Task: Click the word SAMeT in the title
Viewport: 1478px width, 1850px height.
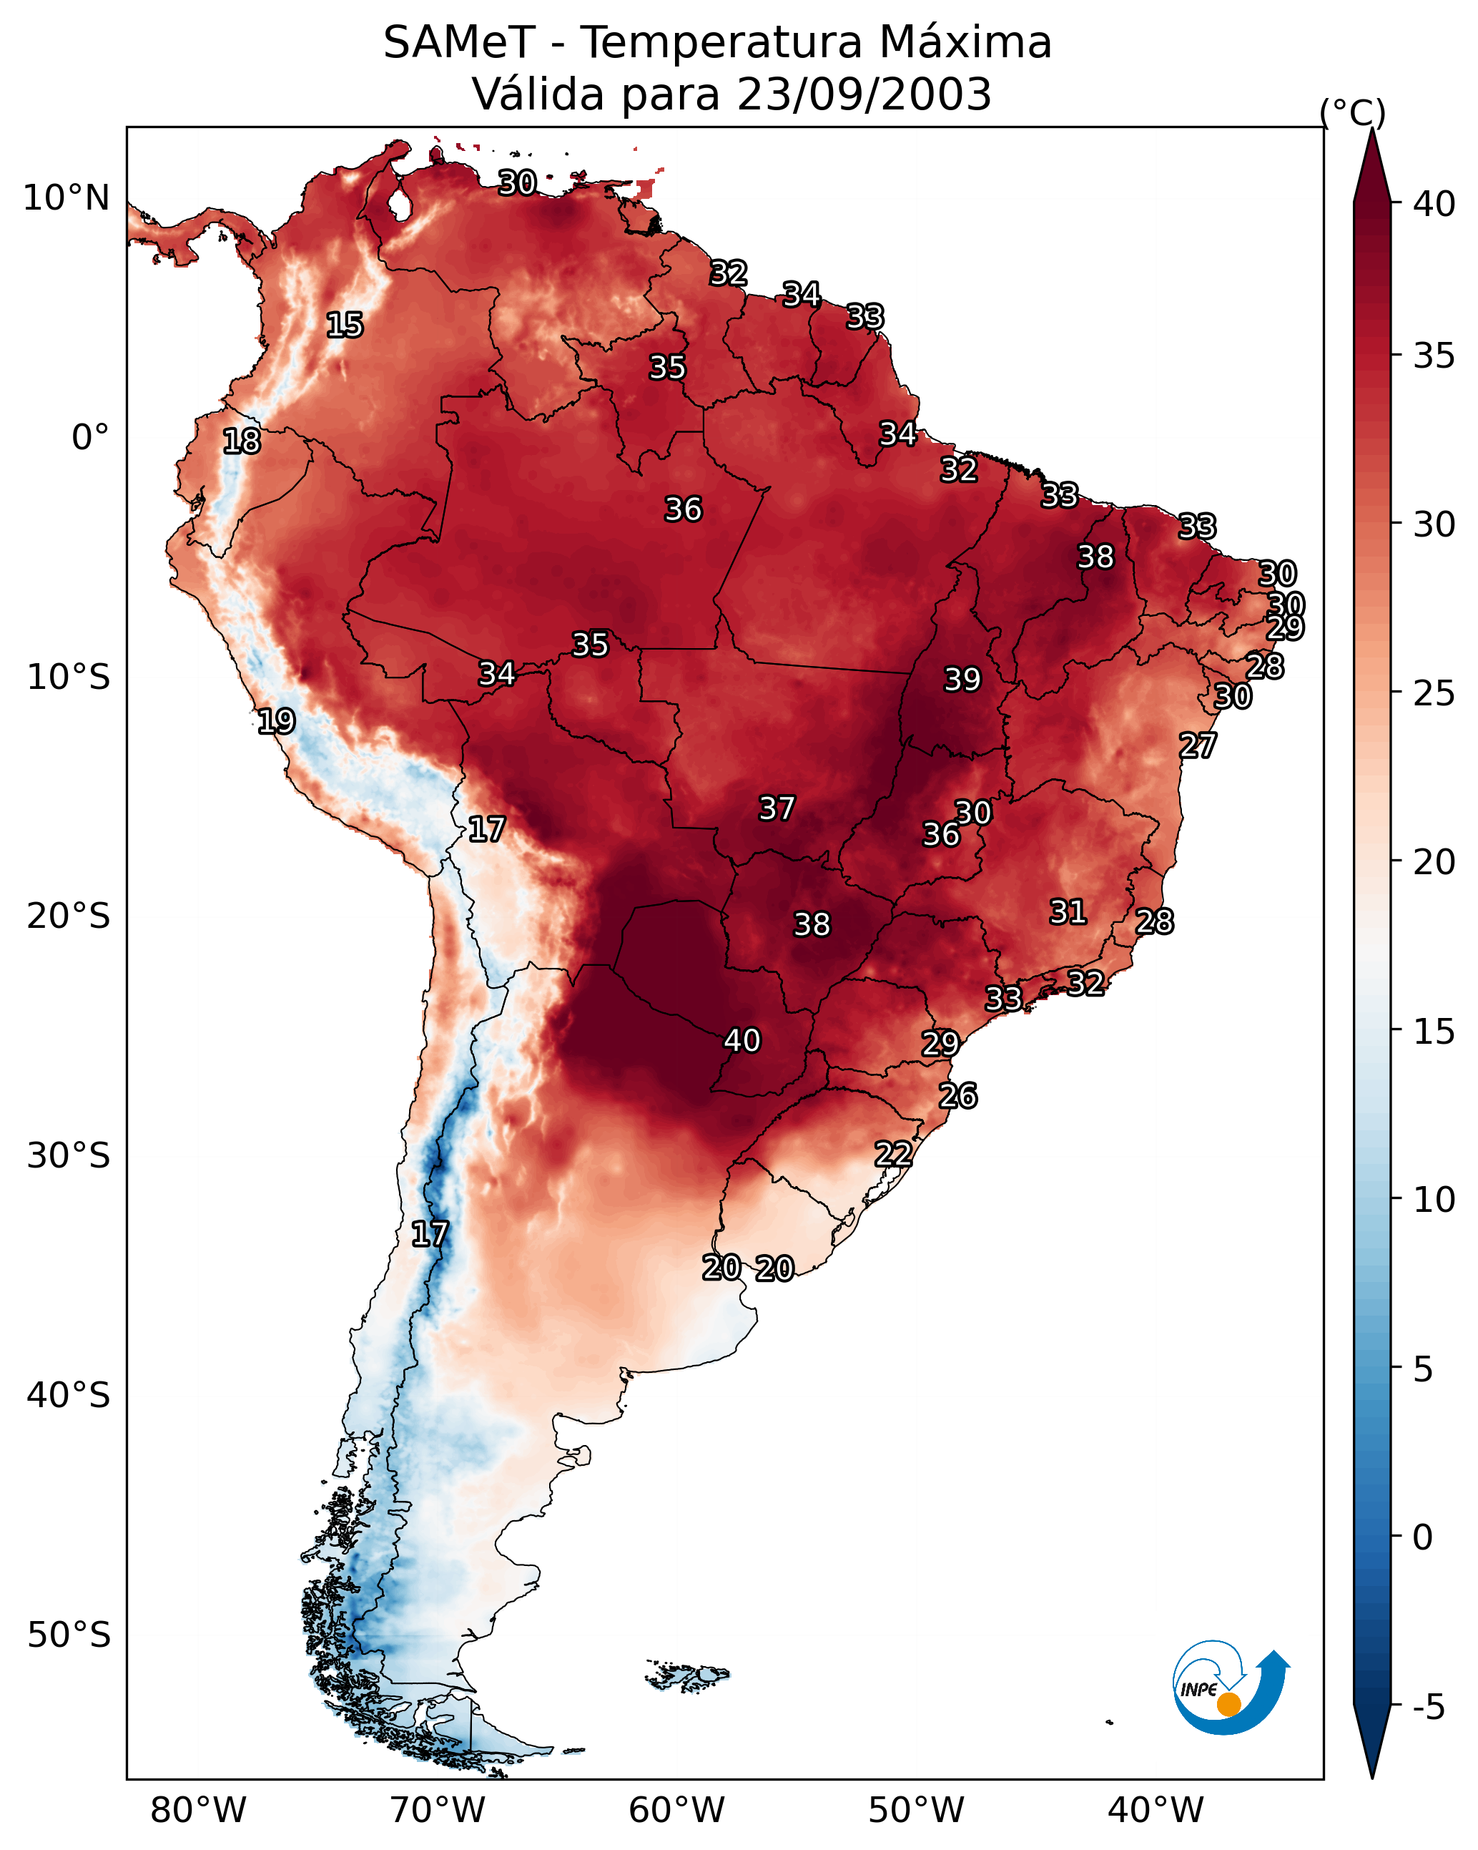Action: (x=459, y=43)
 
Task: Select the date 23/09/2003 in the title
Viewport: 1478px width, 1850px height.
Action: (x=864, y=94)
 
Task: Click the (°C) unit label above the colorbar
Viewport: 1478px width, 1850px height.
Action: (x=1352, y=112)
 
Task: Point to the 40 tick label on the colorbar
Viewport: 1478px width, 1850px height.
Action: (x=1434, y=204)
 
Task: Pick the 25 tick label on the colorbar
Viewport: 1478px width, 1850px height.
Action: (x=1434, y=693)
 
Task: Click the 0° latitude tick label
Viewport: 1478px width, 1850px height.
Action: (x=90, y=438)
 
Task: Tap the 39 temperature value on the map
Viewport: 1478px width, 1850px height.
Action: (x=962, y=680)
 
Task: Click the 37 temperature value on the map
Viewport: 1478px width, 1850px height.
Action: (x=777, y=808)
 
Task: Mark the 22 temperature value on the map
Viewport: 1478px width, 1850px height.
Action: (x=893, y=1154)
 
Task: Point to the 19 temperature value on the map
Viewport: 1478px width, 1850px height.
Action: (x=276, y=722)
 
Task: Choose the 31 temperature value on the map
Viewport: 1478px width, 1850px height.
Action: (x=1068, y=912)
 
